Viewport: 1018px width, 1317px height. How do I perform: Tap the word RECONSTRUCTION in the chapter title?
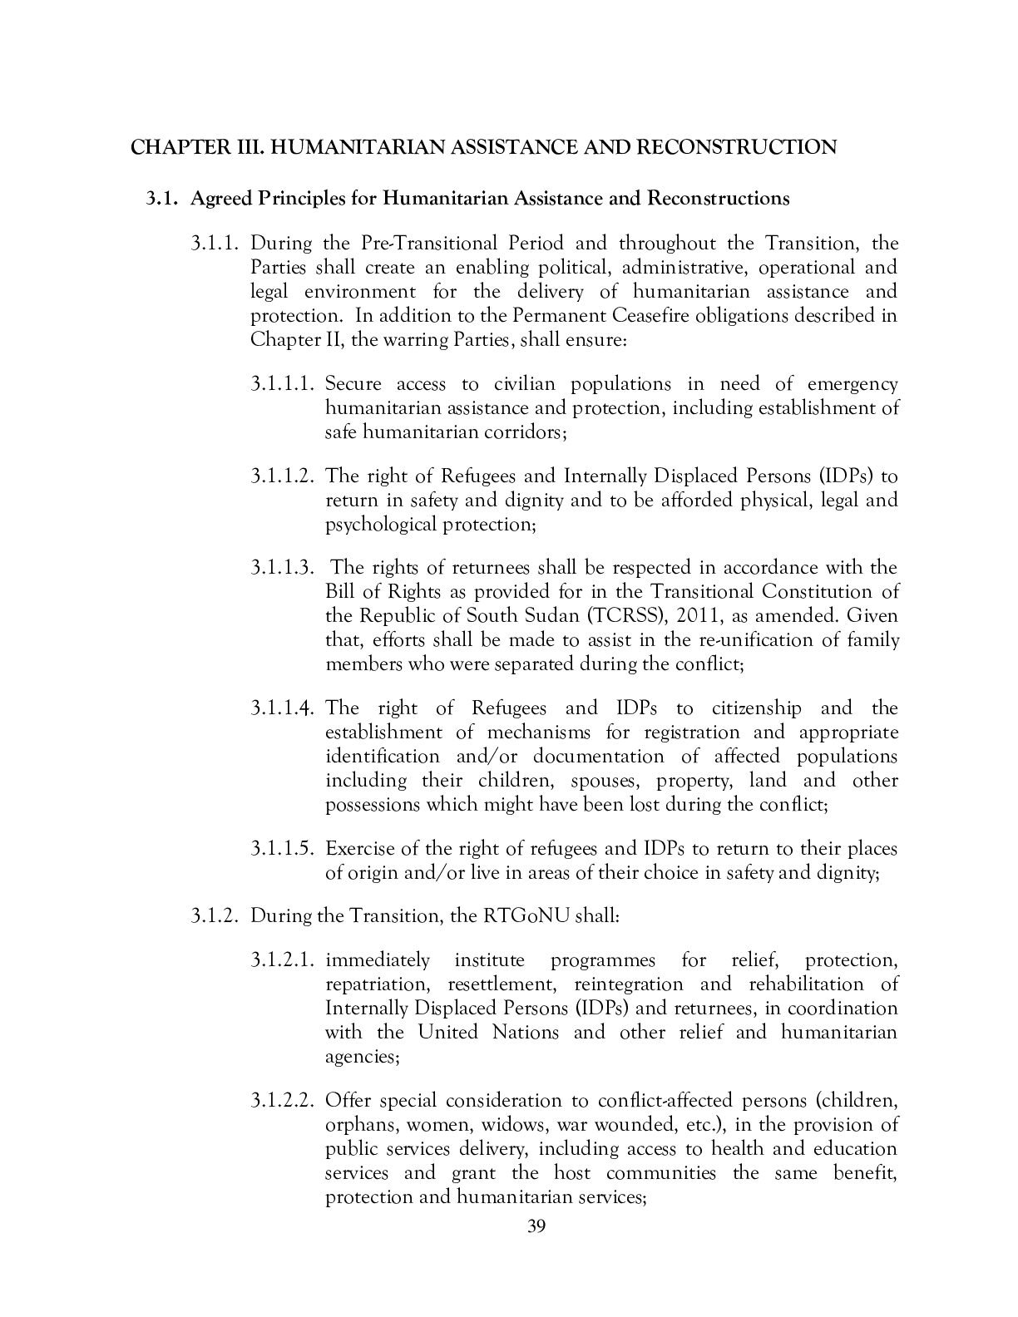pos(737,147)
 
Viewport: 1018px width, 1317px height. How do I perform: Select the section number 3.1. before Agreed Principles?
pos(163,199)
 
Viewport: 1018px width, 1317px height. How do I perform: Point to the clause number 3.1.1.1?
pos(284,384)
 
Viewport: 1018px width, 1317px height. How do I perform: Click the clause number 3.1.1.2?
pos(284,476)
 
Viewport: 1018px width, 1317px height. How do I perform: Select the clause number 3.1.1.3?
pos(284,568)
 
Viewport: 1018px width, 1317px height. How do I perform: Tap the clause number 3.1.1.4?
pos(284,708)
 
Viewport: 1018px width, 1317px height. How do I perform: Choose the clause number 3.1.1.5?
pos(284,850)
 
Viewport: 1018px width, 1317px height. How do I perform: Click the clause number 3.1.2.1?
pos(284,960)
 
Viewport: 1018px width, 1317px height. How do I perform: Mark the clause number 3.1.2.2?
pos(284,1101)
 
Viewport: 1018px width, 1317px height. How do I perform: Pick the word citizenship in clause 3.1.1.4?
pos(757,708)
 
